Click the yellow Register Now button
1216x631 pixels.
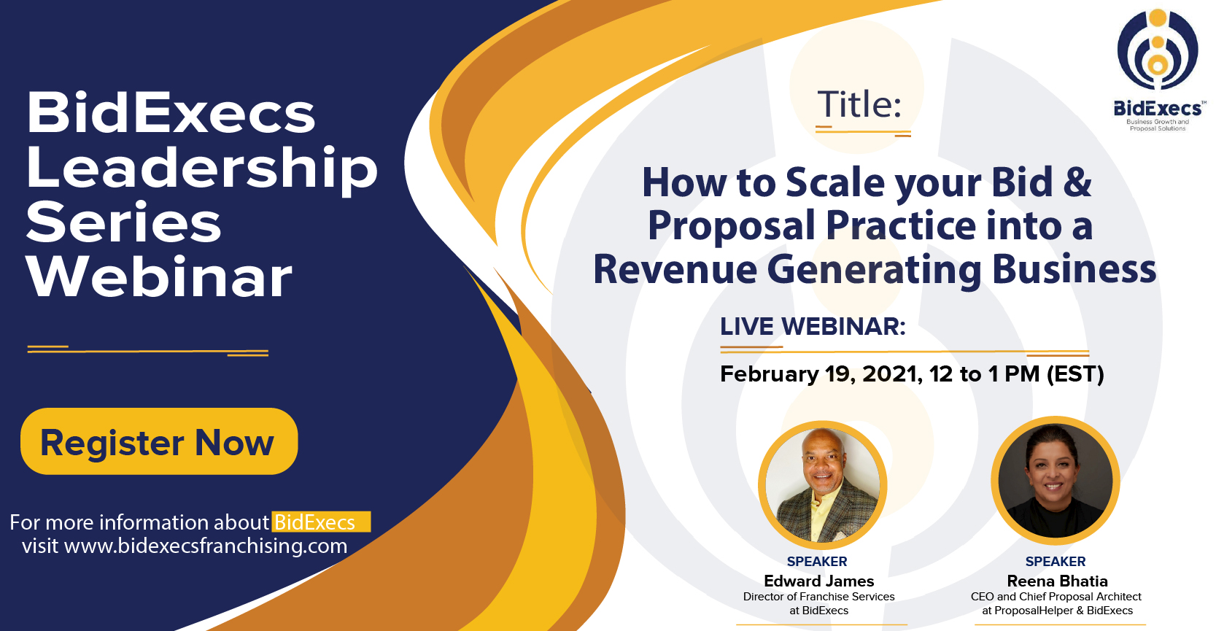(159, 441)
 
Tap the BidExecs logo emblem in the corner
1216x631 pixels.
(1158, 49)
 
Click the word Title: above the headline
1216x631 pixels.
(859, 104)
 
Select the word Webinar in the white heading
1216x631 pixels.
(159, 277)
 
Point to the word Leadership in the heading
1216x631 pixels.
(202, 168)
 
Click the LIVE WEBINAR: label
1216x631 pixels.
(813, 326)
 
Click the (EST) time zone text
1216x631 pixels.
(1075, 374)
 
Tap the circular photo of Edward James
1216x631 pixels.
(822, 484)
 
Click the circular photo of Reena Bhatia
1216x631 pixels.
(1056, 481)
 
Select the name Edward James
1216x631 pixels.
(818, 581)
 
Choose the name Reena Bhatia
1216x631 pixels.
(1057, 581)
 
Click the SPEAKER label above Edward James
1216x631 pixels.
(817, 562)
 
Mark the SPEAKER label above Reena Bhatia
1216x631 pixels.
(1056, 562)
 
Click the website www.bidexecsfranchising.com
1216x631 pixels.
(206, 546)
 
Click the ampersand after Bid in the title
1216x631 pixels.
(1077, 182)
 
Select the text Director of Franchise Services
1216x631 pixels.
(818, 596)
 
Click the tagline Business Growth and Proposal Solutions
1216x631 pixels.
(1158, 125)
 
